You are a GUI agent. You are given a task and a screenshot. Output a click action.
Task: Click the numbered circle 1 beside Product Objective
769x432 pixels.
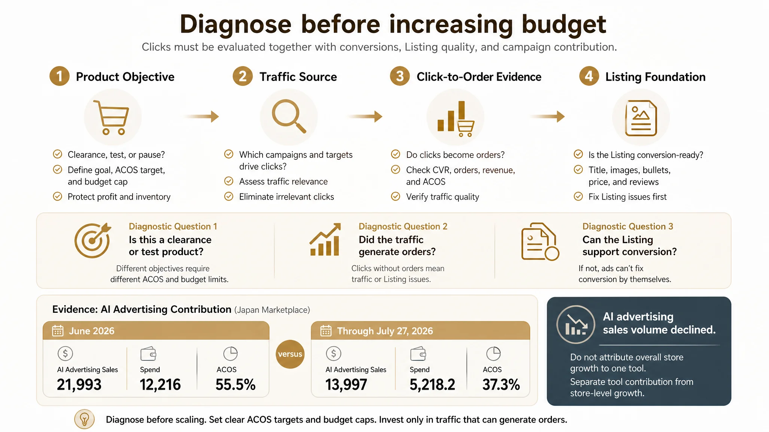[x=59, y=76]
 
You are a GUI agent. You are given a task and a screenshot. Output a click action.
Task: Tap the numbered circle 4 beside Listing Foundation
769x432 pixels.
[x=589, y=76]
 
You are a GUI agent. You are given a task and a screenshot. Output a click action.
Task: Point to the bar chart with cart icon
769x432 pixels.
[x=456, y=118]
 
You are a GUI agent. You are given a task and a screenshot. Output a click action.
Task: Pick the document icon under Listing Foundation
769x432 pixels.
[x=641, y=118]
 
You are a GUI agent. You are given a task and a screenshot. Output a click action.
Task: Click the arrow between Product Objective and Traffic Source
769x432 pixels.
[x=201, y=116]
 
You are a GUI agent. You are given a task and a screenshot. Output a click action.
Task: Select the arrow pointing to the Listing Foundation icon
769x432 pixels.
[x=547, y=116]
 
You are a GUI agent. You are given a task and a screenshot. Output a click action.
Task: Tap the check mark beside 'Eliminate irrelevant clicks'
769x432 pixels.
[x=229, y=196]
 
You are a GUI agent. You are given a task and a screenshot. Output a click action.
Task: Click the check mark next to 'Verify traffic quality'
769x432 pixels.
[x=395, y=196]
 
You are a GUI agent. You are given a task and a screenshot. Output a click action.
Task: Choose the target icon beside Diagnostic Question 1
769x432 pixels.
[x=93, y=240]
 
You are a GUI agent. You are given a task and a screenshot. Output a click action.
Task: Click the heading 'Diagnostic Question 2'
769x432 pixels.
[x=403, y=226]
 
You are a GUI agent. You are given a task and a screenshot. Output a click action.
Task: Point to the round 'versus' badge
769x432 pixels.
[x=290, y=354]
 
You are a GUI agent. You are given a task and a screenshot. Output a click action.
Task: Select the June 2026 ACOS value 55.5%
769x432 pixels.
[x=235, y=384]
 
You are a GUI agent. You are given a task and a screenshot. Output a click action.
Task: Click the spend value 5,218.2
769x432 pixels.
[x=432, y=384]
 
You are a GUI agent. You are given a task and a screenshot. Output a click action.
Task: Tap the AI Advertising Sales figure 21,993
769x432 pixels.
[x=79, y=384]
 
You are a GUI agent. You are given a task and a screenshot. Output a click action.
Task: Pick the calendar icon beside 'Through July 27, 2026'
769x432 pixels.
[x=326, y=331]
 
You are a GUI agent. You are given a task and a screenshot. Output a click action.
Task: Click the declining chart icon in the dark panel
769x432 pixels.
[x=576, y=324]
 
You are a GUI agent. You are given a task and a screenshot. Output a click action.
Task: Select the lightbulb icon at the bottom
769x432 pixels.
[x=84, y=419]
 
